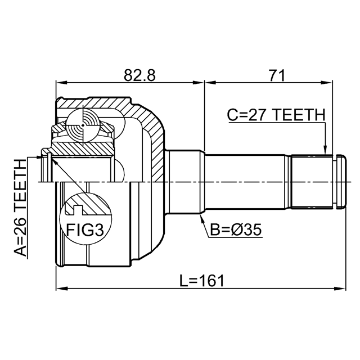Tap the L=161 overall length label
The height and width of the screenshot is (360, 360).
(201, 281)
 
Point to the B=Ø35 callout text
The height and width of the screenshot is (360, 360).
(236, 230)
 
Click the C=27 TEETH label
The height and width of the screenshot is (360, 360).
(276, 115)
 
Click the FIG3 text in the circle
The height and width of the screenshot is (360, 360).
(85, 230)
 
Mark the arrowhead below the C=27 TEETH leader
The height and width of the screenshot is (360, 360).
(325, 150)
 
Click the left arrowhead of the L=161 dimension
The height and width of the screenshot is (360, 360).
(61, 289)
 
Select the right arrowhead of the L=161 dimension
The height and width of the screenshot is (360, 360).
(341, 289)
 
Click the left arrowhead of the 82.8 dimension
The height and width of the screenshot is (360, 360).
(61, 83)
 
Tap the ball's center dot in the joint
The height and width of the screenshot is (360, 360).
(83, 125)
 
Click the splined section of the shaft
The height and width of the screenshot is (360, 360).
(312, 182)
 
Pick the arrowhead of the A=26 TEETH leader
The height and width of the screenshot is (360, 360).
(39, 157)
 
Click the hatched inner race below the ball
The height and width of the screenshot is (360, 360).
(83, 148)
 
